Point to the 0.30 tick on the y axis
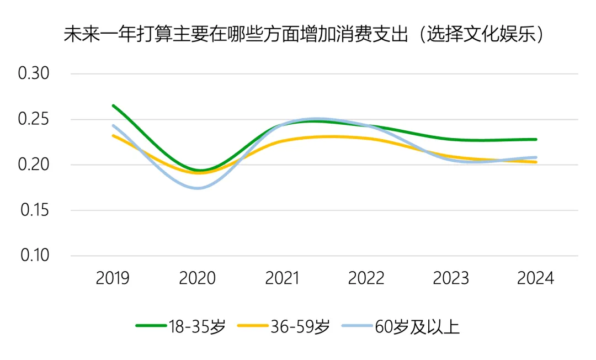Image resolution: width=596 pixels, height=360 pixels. (34, 73)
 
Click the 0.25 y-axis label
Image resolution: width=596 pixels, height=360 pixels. (34, 119)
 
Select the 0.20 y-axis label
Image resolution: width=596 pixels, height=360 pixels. (34, 165)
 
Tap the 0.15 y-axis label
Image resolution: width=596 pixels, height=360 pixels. (34, 210)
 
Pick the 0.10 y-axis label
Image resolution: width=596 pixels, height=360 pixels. (34, 256)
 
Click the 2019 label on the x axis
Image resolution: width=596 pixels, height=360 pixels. (113, 278)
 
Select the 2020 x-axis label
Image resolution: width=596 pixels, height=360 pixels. (197, 278)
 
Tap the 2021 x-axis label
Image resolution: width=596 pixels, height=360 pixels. (282, 278)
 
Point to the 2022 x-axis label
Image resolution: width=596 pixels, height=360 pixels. (366, 278)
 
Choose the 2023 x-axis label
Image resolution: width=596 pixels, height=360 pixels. (451, 278)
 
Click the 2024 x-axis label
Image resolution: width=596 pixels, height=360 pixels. (535, 278)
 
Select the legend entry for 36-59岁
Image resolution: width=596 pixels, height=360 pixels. (284, 327)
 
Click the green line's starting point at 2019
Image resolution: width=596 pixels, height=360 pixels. (113, 105)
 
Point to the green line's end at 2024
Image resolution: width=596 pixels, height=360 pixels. (536, 139)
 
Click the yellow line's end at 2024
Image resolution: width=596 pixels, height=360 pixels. (536, 162)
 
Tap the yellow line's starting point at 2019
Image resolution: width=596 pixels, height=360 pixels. (113, 135)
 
